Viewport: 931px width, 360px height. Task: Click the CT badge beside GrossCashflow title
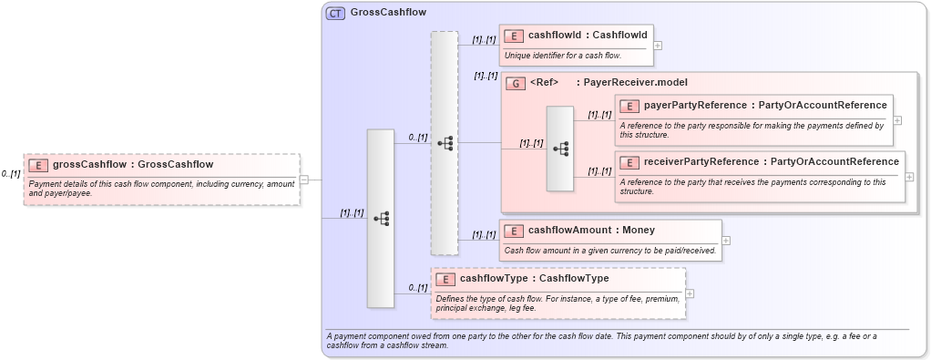335,13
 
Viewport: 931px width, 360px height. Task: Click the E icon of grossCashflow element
38,165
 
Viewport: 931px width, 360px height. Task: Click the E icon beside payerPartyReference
629,106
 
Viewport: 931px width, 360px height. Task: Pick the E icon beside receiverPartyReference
629,162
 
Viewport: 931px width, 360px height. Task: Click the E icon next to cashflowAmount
514,231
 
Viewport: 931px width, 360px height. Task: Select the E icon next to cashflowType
445,279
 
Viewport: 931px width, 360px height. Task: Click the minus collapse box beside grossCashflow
304,180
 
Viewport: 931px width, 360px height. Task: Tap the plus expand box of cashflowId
658,45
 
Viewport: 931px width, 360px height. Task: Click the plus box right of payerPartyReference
897,119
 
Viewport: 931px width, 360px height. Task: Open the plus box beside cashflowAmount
726,241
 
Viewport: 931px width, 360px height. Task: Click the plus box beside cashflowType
690,293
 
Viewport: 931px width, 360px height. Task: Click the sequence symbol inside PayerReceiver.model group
560,149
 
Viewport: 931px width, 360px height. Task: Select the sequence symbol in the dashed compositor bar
445,143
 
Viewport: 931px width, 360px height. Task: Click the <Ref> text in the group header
544,83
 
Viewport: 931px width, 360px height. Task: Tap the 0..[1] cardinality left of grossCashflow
11,173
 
